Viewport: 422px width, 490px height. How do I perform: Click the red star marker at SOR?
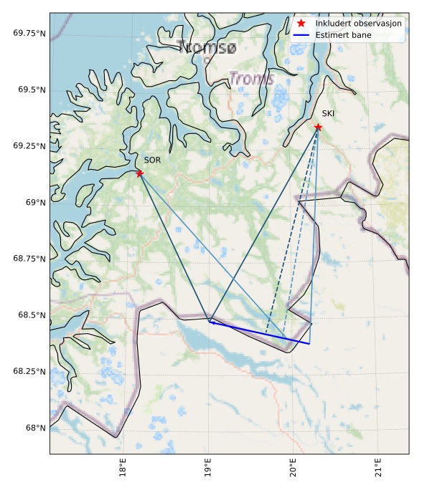click(x=139, y=173)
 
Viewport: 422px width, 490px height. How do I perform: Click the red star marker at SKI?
click(x=318, y=128)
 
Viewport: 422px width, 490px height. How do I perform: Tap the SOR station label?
click(x=152, y=160)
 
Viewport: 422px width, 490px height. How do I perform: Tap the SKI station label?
click(x=328, y=114)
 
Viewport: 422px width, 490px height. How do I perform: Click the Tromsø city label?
click(x=206, y=47)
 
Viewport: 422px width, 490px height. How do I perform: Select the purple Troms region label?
click(x=252, y=79)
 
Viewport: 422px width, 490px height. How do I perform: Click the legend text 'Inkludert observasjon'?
click(x=358, y=24)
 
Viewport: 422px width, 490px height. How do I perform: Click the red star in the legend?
click(x=301, y=24)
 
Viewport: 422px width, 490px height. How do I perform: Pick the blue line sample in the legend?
click(x=301, y=35)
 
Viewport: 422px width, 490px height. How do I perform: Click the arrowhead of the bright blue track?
click(x=212, y=322)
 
